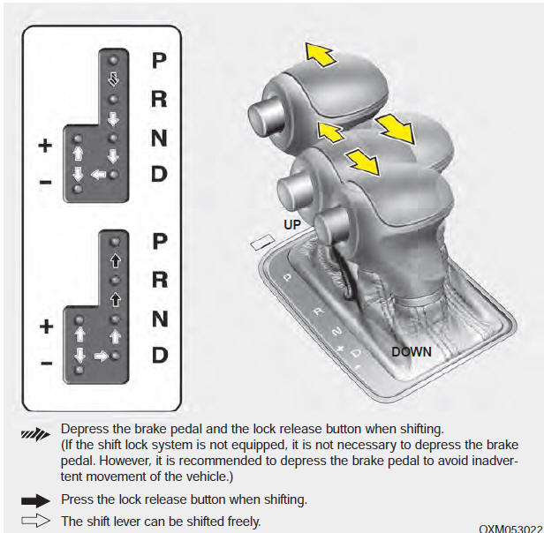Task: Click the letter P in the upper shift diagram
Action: tap(158, 60)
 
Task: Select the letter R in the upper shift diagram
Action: tap(158, 99)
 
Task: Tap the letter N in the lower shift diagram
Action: tap(159, 318)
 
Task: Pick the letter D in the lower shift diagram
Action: tap(159, 356)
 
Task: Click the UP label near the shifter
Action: tap(292, 225)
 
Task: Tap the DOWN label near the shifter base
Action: tap(412, 351)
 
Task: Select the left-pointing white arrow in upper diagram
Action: tap(98, 174)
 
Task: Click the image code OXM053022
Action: tap(510, 528)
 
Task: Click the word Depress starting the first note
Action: tap(86, 428)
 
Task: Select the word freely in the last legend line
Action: tap(243, 521)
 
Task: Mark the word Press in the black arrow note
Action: tap(79, 499)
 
